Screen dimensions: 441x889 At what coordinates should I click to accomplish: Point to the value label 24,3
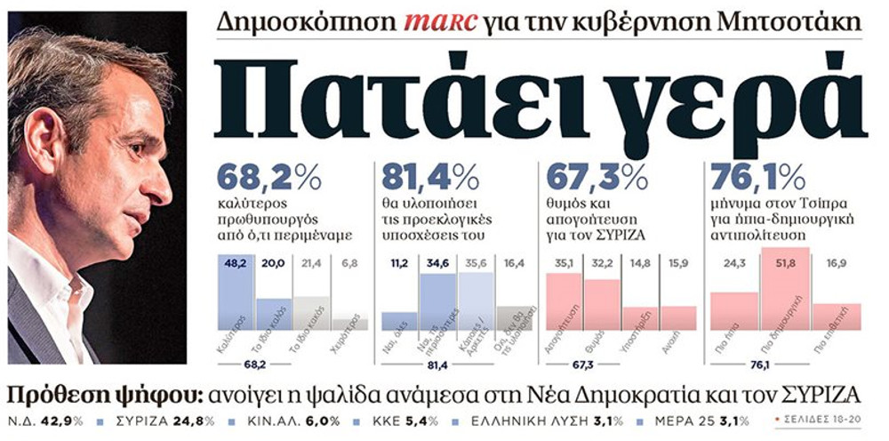(x=733, y=263)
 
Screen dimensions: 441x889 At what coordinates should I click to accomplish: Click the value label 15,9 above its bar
(x=677, y=263)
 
